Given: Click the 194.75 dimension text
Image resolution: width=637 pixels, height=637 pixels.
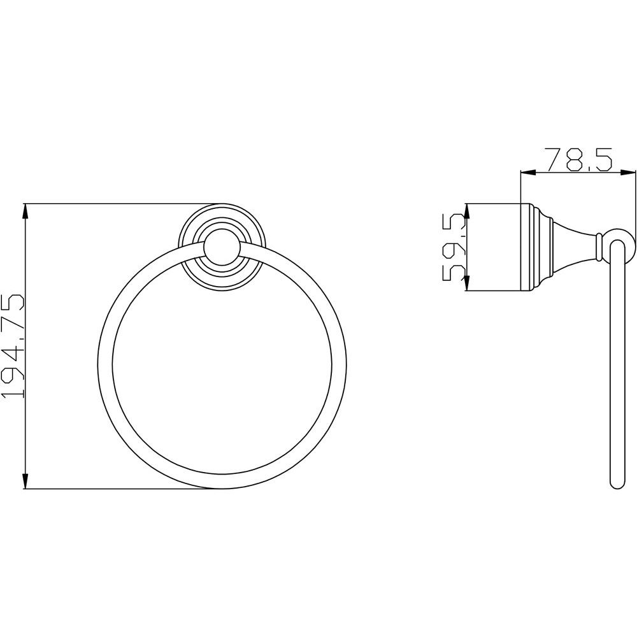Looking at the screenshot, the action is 12,346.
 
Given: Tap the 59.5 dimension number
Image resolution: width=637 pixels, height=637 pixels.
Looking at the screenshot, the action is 452,247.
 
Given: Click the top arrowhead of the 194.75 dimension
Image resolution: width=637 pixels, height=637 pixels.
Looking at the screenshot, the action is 25,213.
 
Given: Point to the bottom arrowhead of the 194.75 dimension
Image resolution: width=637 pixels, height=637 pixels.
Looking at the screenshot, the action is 25,480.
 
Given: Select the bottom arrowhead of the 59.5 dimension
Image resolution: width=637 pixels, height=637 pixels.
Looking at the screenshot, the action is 467,283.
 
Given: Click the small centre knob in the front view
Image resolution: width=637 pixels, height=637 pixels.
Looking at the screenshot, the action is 222,250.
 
